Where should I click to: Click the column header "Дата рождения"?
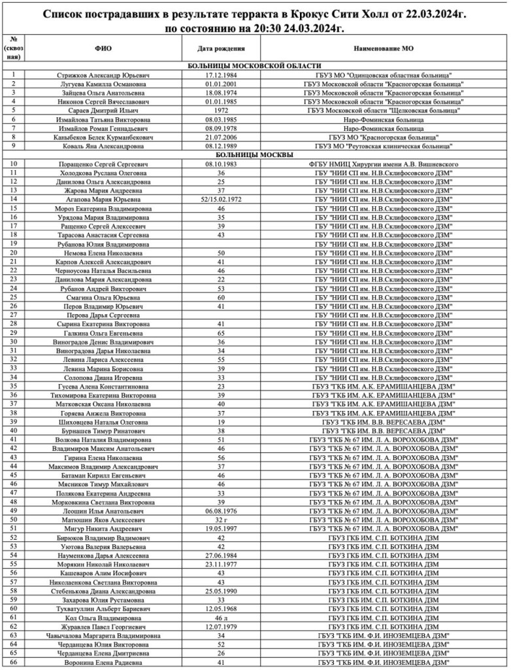coord(221,49)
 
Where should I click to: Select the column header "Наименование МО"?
coord(384,49)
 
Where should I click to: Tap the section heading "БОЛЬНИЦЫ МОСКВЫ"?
coord(254,155)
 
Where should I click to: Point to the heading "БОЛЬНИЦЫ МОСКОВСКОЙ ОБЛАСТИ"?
coord(254,67)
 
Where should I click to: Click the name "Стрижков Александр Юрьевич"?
coord(103,76)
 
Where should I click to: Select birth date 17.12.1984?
coord(221,76)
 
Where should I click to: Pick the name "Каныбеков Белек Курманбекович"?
coord(103,137)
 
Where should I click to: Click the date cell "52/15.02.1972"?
coord(221,199)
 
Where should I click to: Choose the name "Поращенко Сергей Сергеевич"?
coord(103,164)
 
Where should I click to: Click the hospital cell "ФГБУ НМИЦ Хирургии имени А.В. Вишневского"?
coord(384,164)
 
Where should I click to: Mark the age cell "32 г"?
coord(221,520)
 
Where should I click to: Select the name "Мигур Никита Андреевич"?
coord(103,529)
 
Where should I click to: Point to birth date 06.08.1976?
coord(221,511)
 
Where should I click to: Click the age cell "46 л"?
coord(221,617)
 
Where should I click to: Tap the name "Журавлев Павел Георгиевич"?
coord(103,626)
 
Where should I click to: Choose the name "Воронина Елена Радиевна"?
coord(103,661)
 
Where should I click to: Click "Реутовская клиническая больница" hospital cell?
coord(384,147)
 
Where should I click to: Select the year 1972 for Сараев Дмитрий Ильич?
coord(221,111)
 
